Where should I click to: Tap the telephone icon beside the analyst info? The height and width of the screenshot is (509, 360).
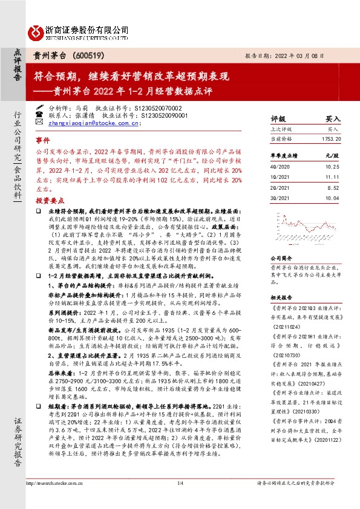[x=40, y=113]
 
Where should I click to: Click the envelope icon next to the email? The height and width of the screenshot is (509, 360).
[x=40, y=123]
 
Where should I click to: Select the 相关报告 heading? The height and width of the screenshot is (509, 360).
[x=281, y=297]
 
